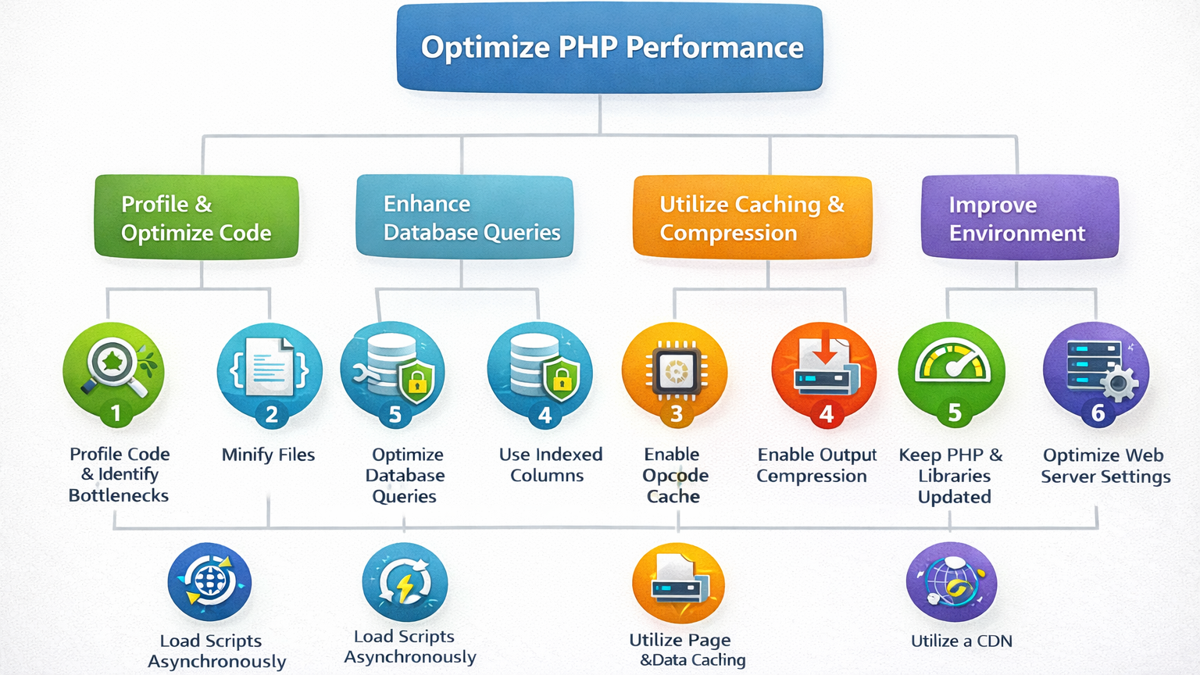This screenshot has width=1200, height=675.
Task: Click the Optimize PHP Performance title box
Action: [609, 48]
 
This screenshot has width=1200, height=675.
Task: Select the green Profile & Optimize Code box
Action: [196, 217]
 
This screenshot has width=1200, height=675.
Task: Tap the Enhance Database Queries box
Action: [465, 217]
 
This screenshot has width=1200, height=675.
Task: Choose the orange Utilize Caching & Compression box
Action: [752, 217]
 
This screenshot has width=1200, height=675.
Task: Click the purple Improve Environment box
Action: [1020, 217]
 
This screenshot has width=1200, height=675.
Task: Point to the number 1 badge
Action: [116, 412]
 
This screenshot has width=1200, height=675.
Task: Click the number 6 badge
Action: [1098, 412]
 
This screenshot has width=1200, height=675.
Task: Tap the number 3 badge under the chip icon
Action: [676, 413]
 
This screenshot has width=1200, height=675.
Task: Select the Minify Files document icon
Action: [270, 366]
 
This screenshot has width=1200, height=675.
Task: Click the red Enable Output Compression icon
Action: [824, 367]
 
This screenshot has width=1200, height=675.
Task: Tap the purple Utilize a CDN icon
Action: [951, 582]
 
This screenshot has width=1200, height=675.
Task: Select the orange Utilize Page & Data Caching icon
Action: [678, 583]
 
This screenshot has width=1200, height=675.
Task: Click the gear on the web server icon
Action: [1119, 383]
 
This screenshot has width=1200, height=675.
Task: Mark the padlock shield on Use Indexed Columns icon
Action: [562, 379]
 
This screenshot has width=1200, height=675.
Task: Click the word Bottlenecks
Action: [119, 495]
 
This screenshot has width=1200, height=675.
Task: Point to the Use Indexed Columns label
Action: [550, 465]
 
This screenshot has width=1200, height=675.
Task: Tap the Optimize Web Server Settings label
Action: [1105, 466]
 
